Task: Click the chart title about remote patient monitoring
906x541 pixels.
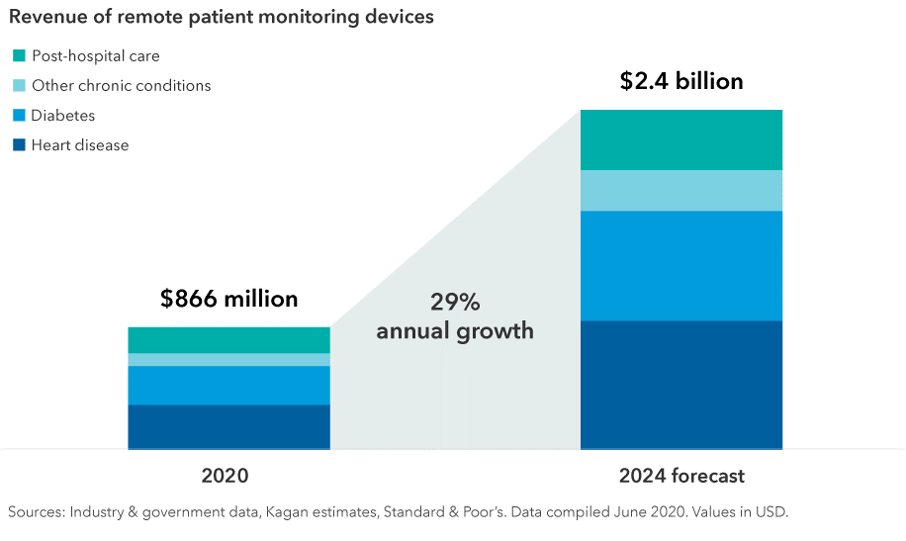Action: point(221,18)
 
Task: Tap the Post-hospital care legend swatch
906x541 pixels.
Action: point(19,56)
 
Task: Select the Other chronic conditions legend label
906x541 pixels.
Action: point(121,86)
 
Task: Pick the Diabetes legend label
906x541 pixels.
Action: point(63,116)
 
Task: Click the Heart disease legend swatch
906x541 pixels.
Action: point(19,145)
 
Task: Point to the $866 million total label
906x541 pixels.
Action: point(228,299)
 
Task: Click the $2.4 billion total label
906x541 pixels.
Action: point(681,81)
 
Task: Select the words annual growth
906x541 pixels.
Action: point(454,330)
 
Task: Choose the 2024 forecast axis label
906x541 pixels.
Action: point(681,476)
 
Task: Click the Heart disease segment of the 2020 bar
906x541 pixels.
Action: point(228,426)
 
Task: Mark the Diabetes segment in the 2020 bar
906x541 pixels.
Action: point(228,385)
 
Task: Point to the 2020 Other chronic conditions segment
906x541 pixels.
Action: point(228,360)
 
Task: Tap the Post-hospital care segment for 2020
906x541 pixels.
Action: point(228,340)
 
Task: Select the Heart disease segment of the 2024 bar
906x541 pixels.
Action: point(681,385)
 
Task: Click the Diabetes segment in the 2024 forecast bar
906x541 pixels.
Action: point(681,265)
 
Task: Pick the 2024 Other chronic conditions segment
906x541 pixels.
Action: point(681,191)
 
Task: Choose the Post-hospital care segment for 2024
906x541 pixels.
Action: point(681,139)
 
